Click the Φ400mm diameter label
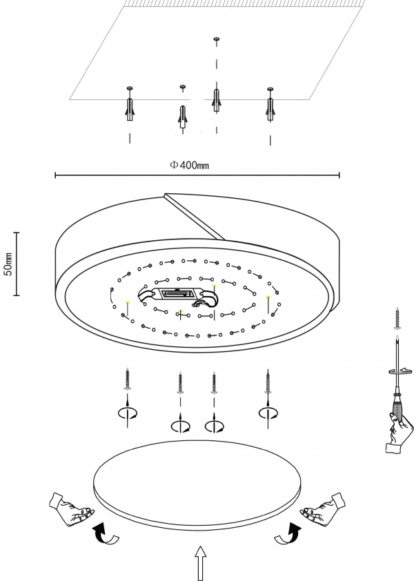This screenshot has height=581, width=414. tap(190, 166)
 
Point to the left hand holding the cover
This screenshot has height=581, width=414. tap(72, 511)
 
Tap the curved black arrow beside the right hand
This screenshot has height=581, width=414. tap(292, 533)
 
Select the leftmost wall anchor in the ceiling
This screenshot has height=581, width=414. tap(130, 107)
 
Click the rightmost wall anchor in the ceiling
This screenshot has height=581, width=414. tap(270, 107)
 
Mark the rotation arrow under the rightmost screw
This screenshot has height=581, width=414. tap(267, 413)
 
